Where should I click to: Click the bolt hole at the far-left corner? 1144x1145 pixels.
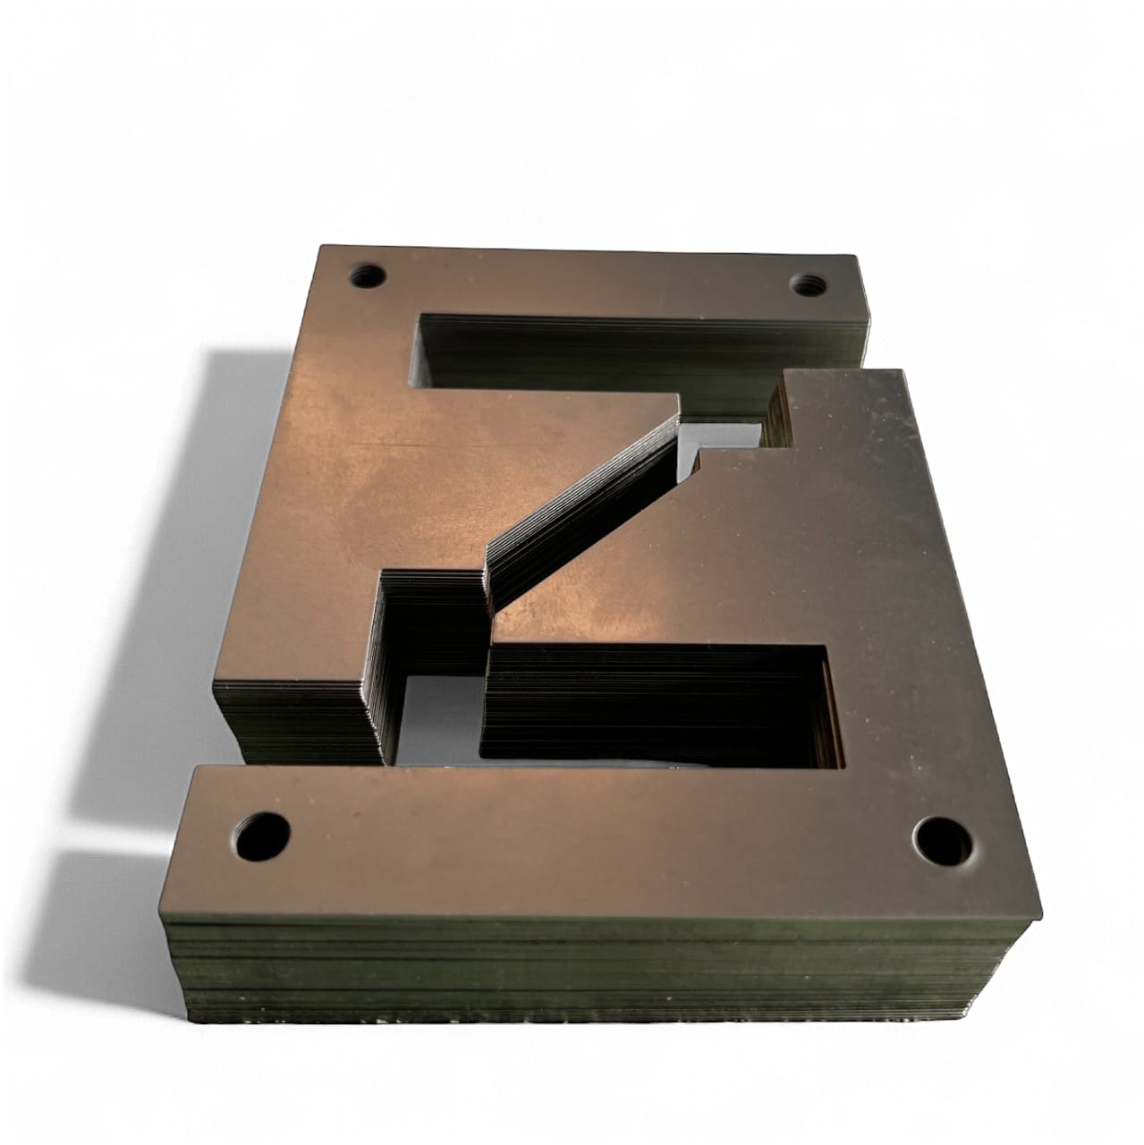coord(367,275)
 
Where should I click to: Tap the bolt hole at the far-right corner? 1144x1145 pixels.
coord(810,285)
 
